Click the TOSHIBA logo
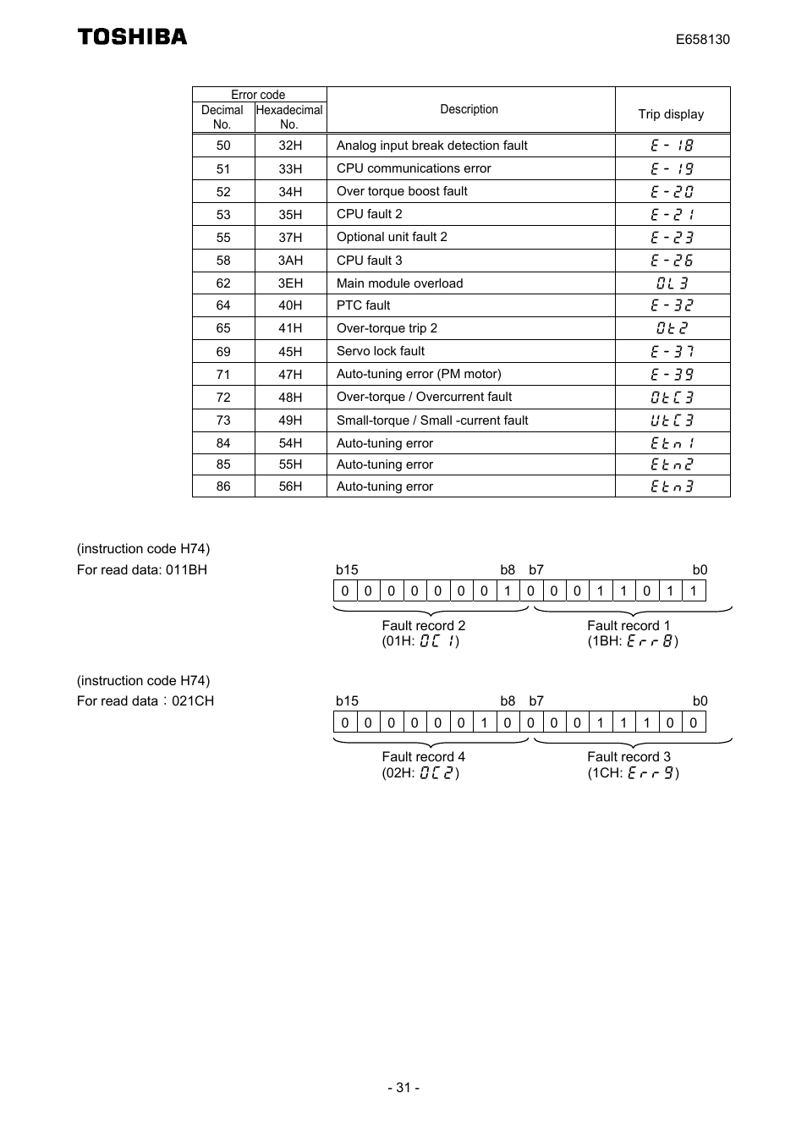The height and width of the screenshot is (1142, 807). [x=132, y=36]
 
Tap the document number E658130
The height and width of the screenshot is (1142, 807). [x=702, y=40]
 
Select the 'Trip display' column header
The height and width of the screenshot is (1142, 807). [x=671, y=114]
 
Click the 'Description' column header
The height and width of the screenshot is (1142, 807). [x=469, y=109]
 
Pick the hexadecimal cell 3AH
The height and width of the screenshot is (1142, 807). [x=290, y=261]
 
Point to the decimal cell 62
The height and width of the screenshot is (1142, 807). [x=223, y=283]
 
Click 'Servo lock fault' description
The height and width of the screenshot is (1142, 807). [x=381, y=351]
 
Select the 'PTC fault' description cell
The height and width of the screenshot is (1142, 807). [x=364, y=305]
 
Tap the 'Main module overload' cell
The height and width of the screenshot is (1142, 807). [x=399, y=283]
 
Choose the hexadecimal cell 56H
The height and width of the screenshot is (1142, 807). [x=290, y=486]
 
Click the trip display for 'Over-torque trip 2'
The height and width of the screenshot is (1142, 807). [x=672, y=328]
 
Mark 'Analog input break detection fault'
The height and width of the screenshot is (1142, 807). [x=431, y=145]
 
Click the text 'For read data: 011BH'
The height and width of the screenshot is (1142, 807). [x=142, y=570]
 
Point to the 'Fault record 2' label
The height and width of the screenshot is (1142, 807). [x=423, y=626]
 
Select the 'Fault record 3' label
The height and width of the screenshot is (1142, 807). [x=629, y=757]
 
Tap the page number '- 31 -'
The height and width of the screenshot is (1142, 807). [x=403, y=1088]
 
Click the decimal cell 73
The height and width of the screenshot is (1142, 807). [x=223, y=420]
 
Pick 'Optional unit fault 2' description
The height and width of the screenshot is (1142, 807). [x=392, y=237]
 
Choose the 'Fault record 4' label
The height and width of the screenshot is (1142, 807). [x=423, y=757]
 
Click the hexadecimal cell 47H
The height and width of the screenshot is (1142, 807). [x=290, y=375]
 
